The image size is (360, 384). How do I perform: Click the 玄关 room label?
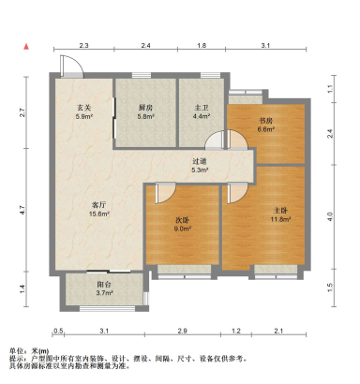83,107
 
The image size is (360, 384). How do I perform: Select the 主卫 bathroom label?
202,107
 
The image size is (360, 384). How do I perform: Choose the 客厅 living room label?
97,204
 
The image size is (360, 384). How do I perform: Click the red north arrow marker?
27,44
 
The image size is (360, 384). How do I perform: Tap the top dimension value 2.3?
83,45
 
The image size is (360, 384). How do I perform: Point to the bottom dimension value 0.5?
58,331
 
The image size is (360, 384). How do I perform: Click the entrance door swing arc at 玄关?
69,67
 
